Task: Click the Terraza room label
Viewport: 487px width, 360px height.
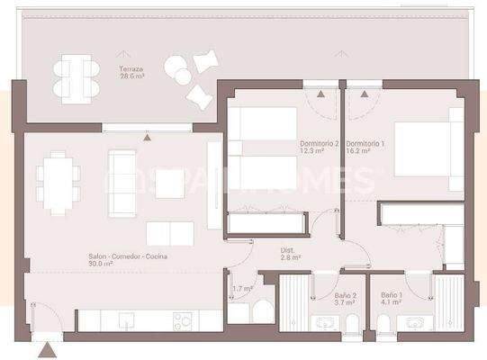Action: coord(131,69)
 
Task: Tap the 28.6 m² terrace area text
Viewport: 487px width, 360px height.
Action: coord(131,77)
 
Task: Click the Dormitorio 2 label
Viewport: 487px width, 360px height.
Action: coord(320,144)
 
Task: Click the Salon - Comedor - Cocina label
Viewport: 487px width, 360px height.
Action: coord(128,256)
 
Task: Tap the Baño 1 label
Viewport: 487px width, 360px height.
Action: coord(392,295)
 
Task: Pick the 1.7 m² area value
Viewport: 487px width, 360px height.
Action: coord(242,289)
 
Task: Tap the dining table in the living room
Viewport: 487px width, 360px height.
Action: coord(59,183)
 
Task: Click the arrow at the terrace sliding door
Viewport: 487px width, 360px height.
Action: coord(147,137)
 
